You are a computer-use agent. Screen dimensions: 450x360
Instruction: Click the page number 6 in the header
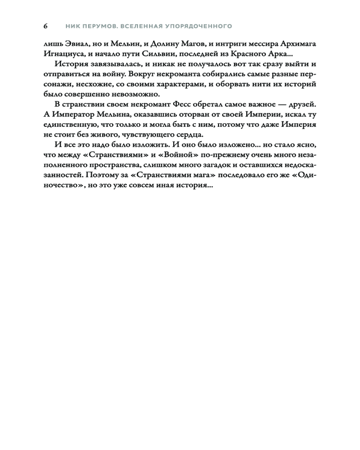pyautogui.click(x=45, y=26)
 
